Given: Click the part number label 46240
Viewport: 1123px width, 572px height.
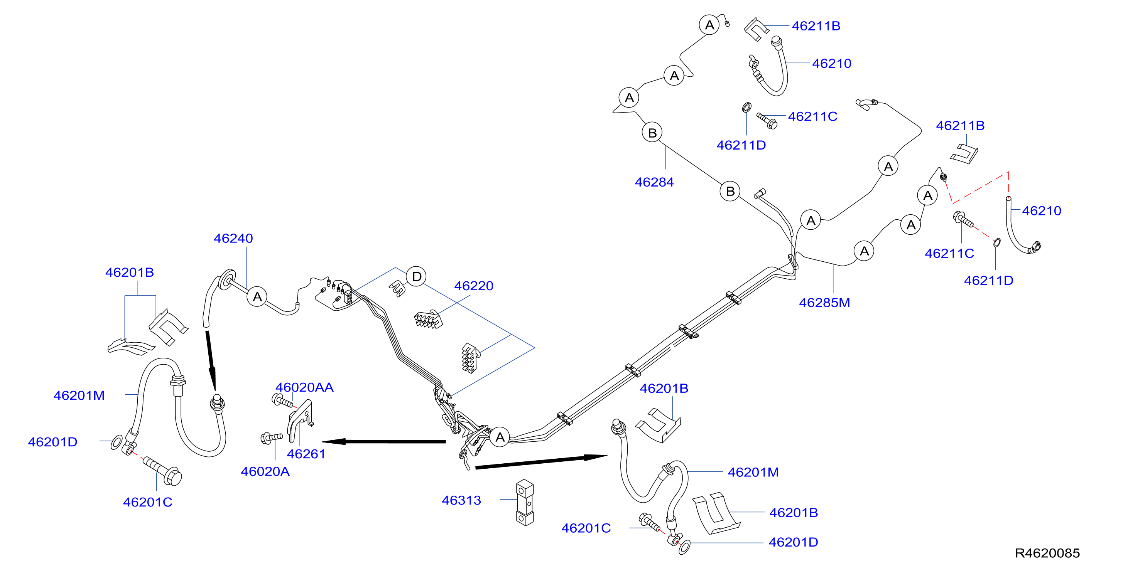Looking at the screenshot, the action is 233,238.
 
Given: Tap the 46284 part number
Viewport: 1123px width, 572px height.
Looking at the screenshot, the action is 654,182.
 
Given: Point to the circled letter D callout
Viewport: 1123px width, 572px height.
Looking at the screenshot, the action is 416,276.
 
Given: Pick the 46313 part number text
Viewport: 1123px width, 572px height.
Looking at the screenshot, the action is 461,500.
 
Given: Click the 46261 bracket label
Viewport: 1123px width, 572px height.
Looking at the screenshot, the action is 306,454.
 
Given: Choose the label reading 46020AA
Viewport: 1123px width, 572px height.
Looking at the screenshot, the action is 304,387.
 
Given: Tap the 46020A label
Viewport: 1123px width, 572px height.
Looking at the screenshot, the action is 265,471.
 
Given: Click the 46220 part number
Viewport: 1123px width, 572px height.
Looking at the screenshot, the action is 473,286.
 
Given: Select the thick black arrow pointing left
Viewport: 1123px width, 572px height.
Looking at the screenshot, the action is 383,441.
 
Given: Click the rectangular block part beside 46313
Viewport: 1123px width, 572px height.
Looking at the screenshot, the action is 525,503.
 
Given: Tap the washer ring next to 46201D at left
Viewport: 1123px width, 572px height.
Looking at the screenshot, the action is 117,442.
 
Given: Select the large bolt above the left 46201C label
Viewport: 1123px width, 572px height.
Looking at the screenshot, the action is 162,471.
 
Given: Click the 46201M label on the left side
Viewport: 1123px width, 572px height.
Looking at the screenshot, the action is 79,395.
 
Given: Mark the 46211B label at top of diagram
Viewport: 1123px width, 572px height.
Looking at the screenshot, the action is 816,26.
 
